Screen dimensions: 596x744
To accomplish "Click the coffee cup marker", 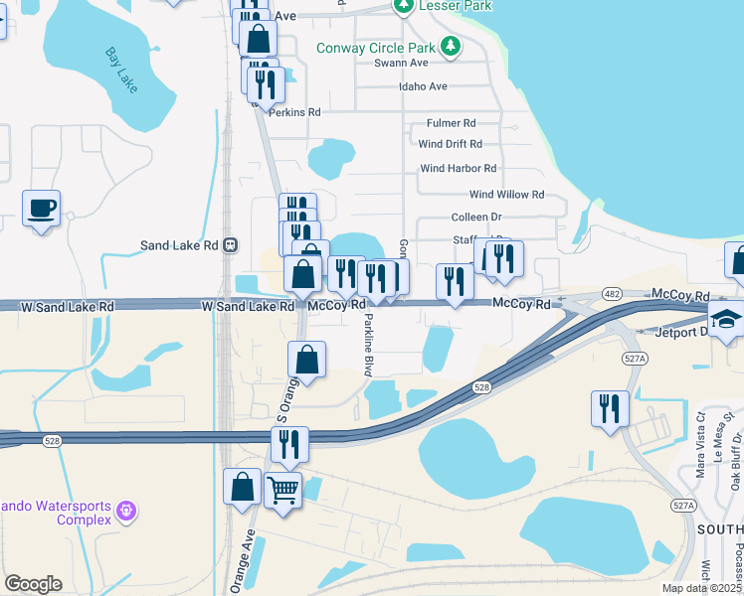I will (41, 209).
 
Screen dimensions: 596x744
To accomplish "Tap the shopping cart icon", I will (283, 489).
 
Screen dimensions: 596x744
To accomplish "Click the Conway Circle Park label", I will (376, 48).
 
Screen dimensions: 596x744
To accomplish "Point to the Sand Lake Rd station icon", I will (230, 244).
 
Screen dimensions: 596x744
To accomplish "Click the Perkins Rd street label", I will (294, 113).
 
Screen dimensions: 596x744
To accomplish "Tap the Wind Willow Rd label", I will (506, 195).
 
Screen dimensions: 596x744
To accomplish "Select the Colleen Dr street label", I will (475, 217).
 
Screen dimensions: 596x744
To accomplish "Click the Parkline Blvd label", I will (367, 344).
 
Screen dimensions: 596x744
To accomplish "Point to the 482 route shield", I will (612, 294).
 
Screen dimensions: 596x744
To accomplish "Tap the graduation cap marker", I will (727, 320).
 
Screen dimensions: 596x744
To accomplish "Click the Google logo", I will (33, 584).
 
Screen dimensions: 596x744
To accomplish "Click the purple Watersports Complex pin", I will (125, 511).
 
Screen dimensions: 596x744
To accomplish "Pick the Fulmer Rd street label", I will (451, 123).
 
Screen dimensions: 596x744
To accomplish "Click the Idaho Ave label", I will (423, 86).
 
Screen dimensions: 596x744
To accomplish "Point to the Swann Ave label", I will (399, 64).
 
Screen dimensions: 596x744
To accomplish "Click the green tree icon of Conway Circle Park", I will (451, 46).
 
